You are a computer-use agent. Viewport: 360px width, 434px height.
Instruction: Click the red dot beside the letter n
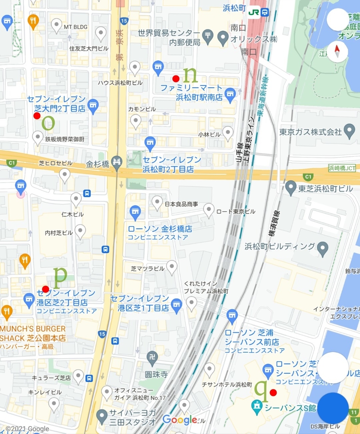point(176,78)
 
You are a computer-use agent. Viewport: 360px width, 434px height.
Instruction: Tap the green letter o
point(48,123)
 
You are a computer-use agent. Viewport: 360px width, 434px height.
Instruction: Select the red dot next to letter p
point(46,289)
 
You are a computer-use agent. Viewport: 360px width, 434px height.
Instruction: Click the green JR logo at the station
point(254,12)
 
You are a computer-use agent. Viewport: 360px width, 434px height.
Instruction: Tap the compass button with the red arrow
point(337,51)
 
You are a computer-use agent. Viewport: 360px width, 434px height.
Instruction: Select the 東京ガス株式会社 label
point(310,132)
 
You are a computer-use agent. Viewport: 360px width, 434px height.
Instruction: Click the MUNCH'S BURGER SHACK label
point(33,333)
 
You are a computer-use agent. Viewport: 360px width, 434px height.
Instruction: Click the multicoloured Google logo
point(180,420)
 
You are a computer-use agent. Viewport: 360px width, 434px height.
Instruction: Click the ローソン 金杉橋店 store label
point(160,229)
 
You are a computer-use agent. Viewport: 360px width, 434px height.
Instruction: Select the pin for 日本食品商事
point(157,203)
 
